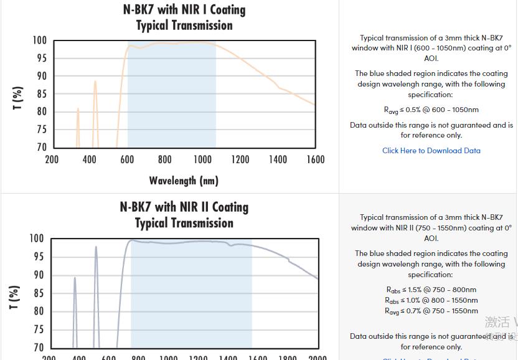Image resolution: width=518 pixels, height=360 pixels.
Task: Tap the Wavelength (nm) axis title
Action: (x=184, y=181)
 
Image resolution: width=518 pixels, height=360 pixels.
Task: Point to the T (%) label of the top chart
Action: (x=18, y=98)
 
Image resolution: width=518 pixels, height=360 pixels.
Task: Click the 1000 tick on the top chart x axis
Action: (x=202, y=159)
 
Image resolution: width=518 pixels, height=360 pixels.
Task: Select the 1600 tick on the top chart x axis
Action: (x=316, y=159)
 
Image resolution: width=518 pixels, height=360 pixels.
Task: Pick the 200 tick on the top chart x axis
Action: (x=52, y=159)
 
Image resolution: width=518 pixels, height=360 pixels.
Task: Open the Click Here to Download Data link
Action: (x=431, y=150)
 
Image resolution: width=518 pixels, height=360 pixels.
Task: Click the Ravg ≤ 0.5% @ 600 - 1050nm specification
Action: (x=431, y=110)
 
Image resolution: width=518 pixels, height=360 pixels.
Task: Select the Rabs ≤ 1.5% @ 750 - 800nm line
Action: (x=431, y=290)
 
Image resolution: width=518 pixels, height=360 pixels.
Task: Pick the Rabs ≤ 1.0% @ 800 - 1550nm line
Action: (x=431, y=300)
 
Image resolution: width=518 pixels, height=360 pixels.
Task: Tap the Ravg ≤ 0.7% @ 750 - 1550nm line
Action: (x=431, y=311)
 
